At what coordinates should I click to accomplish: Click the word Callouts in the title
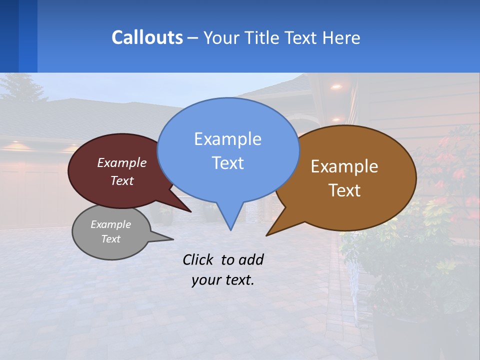coord(147,37)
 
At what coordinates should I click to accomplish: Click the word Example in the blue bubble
coord(227,139)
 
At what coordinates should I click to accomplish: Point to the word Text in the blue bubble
coord(227,163)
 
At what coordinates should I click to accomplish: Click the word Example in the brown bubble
coord(344,166)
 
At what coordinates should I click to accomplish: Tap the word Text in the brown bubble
coord(344,190)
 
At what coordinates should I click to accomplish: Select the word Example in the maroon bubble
coord(122,162)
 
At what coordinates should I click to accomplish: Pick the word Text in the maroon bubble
coord(122,180)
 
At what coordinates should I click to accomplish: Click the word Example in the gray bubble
coord(110,224)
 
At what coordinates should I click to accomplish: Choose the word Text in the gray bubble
coord(110,239)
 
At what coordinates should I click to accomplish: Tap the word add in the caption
coord(250,259)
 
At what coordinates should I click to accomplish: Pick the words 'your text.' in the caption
coord(223,280)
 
